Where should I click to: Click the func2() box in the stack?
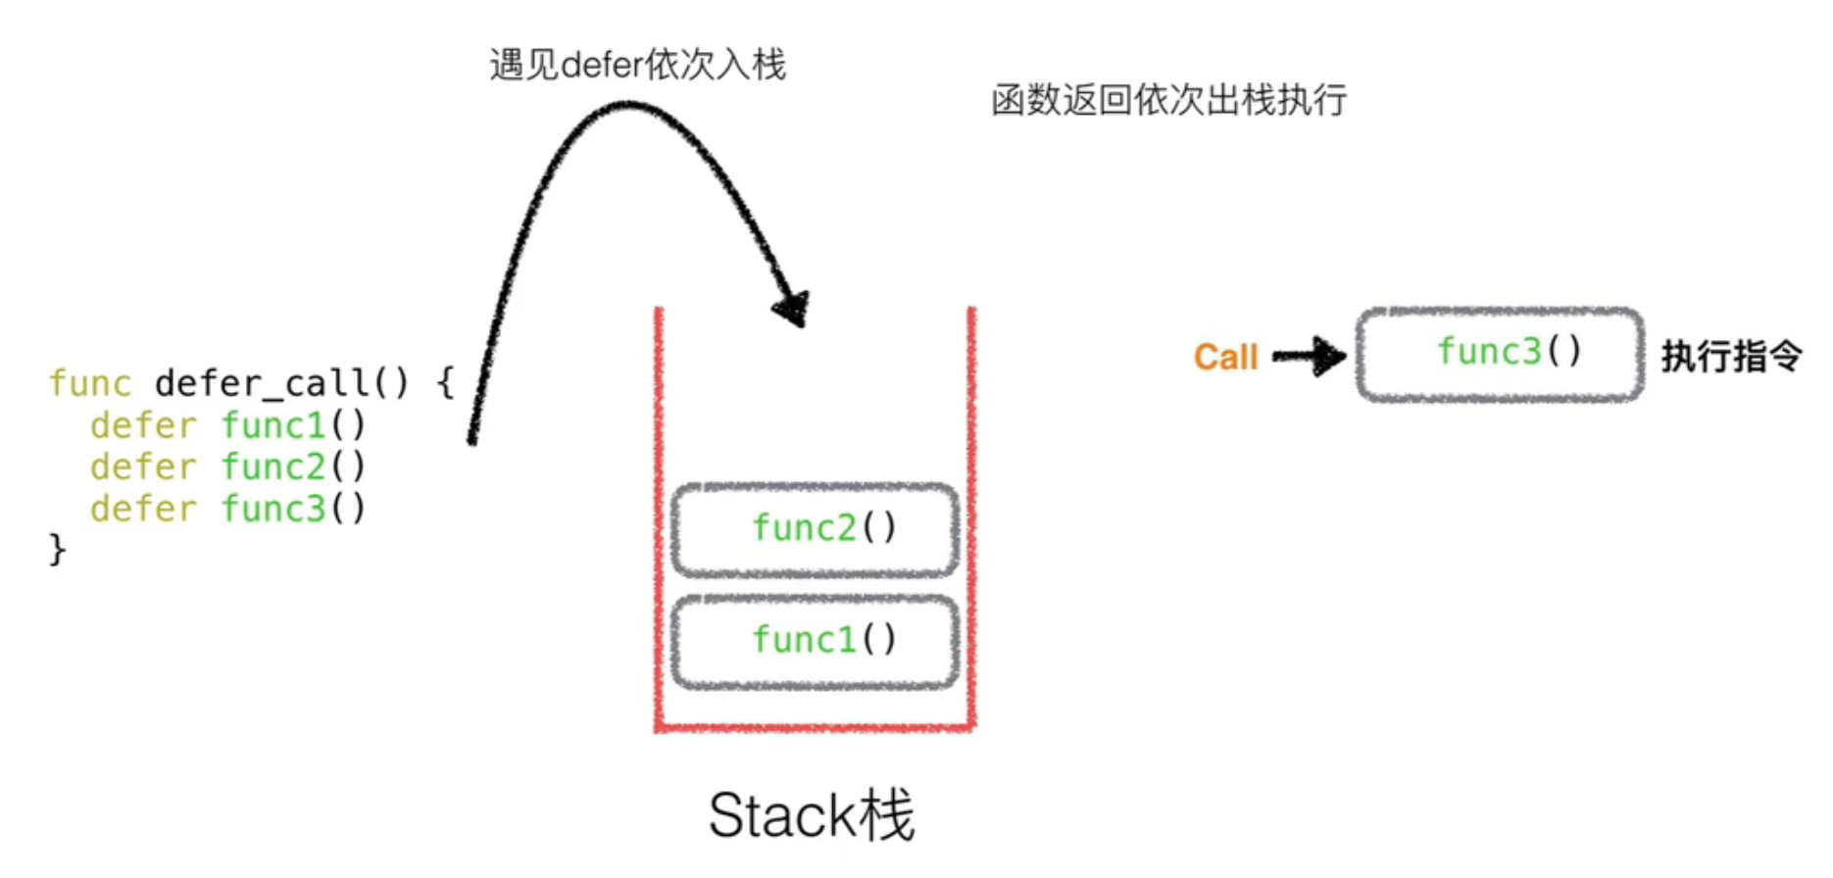pyautogui.click(x=815, y=529)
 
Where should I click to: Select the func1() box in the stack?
pyautogui.click(x=815, y=641)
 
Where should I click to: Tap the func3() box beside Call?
pyautogui.click(x=1500, y=354)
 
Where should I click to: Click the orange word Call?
pyautogui.click(x=1225, y=357)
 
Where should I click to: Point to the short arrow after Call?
pyautogui.click(x=1310, y=356)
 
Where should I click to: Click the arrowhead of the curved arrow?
pyautogui.click(x=792, y=308)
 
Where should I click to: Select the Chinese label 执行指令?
pyautogui.click(x=1731, y=356)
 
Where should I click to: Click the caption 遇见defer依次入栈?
pyautogui.click(x=637, y=65)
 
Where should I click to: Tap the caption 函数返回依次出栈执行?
pyautogui.click(x=1168, y=100)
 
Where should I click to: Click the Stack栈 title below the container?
pyautogui.click(x=812, y=815)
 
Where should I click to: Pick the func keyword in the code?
pyautogui.click(x=90, y=383)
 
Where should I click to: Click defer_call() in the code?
pyautogui.click(x=281, y=383)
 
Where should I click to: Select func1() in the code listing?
pyautogui.click(x=293, y=425)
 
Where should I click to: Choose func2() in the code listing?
pyautogui.click(x=293, y=466)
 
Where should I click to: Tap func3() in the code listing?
pyautogui.click(x=293, y=509)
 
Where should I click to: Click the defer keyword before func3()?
pyautogui.click(x=143, y=509)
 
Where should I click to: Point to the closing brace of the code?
pyautogui.click(x=57, y=549)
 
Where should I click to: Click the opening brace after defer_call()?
pyautogui.click(x=445, y=383)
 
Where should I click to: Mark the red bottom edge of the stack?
pyautogui.click(x=815, y=727)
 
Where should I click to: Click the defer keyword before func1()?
pyautogui.click(x=143, y=425)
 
